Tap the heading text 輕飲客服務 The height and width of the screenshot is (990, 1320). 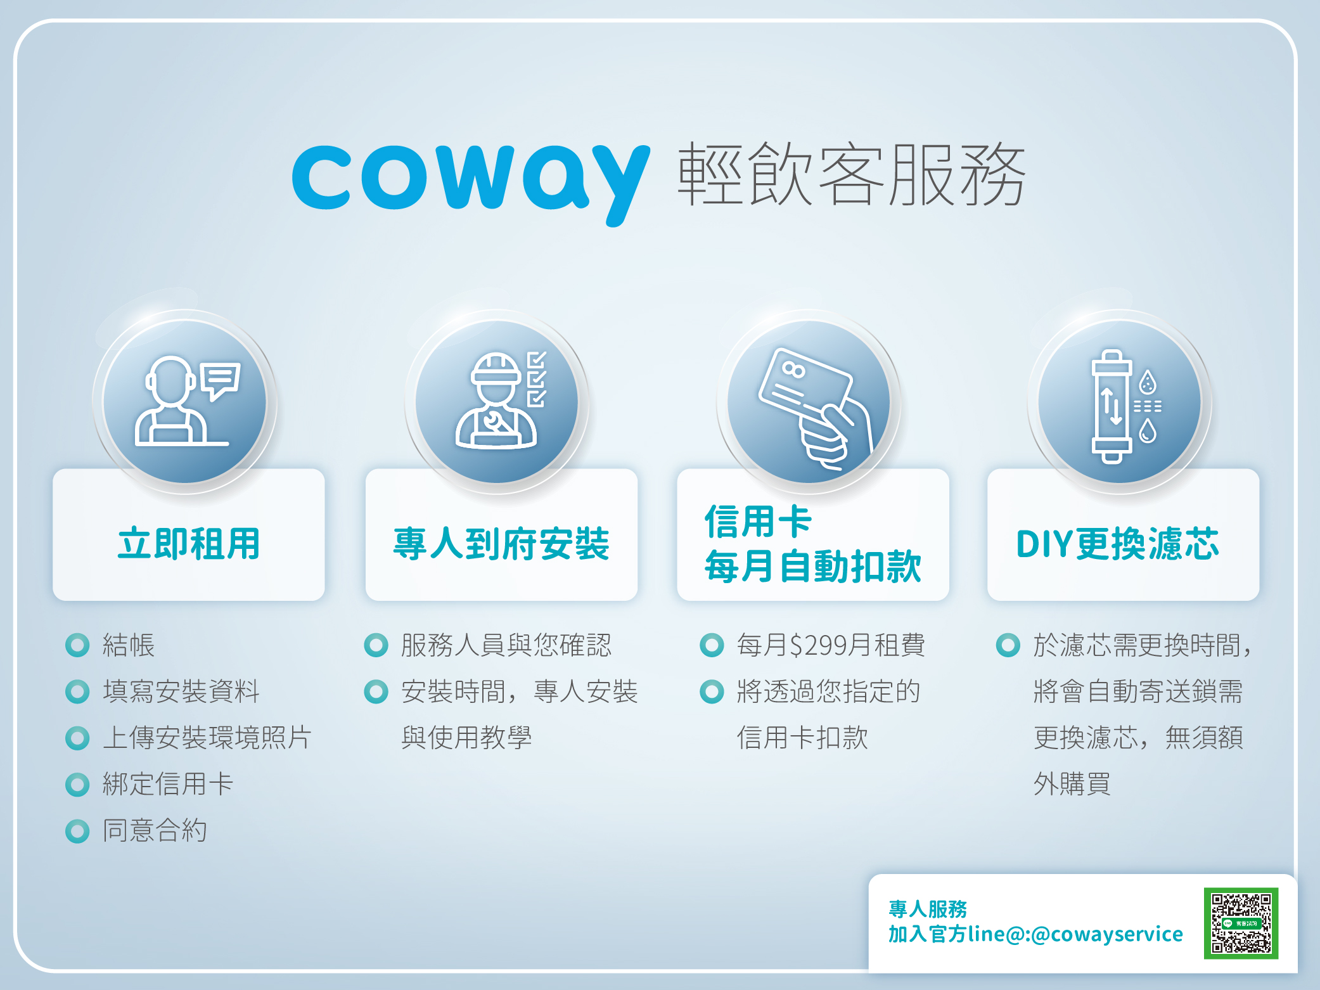tap(851, 174)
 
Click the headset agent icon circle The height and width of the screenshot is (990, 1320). tap(184, 401)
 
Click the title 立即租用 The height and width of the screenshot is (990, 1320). tap(189, 544)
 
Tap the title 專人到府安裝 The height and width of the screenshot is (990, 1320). tap(501, 544)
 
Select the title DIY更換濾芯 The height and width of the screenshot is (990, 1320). tap(1118, 544)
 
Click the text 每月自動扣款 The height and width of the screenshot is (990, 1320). tap(813, 566)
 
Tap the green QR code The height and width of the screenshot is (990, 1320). tap(1241, 923)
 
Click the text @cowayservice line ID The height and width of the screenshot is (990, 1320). tap(1107, 934)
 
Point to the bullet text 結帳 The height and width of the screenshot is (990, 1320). tap(129, 645)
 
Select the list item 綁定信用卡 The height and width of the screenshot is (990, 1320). tap(168, 784)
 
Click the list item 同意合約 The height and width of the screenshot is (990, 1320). tap(155, 830)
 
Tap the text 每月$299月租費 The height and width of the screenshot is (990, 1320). tap(831, 645)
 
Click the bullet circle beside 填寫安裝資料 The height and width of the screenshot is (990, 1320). tap(77, 691)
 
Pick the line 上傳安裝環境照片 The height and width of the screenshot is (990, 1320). tap(207, 738)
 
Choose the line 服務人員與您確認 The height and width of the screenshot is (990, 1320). tap(506, 645)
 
